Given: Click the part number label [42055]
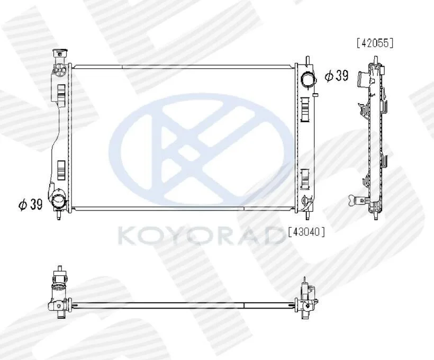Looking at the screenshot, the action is tap(375, 43).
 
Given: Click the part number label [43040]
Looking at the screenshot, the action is tap(306, 231).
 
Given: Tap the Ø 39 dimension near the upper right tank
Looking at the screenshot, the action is tap(337, 76).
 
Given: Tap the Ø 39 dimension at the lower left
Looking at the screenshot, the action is tap(31, 204).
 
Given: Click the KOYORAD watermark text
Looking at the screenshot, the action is tap(198, 236).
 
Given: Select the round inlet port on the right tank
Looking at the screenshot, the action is tap(308, 79).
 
